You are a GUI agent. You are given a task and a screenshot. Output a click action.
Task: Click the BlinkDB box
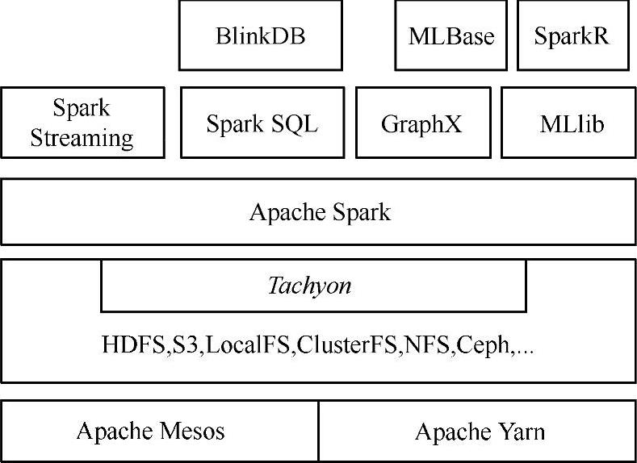[x=261, y=35]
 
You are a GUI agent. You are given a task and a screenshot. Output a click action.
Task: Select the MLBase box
[x=451, y=35]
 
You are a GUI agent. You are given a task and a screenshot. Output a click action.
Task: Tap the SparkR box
[x=572, y=35]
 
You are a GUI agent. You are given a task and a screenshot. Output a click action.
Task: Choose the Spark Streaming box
[x=82, y=123]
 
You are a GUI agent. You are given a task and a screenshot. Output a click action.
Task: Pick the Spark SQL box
[x=262, y=124]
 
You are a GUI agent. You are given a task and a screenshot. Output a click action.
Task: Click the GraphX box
[x=423, y=124]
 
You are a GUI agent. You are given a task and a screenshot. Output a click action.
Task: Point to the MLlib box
[x=572, y=124]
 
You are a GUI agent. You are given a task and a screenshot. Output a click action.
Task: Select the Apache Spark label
[x=320, y=213]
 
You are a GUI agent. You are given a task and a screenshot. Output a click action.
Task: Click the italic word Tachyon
[x=310, y=286]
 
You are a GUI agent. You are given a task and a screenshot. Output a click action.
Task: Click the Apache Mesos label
[x=150, y=431]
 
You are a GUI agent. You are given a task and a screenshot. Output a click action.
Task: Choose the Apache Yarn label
[x=480, y=432]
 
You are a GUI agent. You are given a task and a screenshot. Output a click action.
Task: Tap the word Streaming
[x=82, y=137]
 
